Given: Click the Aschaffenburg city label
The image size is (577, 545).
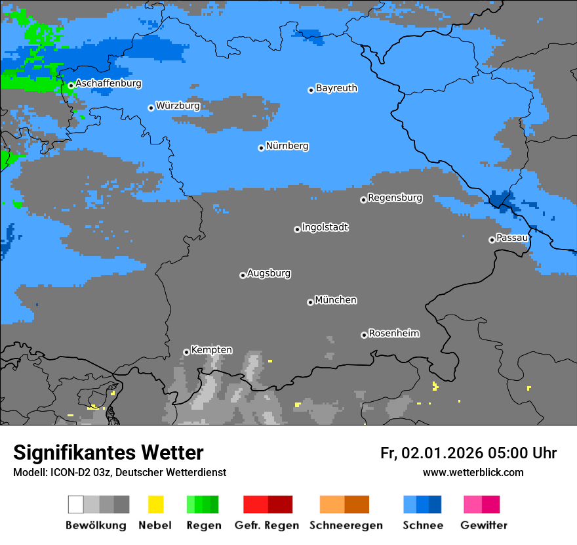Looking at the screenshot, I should [x=108, y=83].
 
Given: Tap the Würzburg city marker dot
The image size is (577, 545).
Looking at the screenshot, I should [x=151, y=108].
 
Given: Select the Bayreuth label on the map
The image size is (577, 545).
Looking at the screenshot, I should [x=336, y=88].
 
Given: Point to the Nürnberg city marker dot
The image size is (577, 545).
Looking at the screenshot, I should [x=261, y=148].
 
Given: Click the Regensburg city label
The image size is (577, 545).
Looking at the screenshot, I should [x=395, y=198].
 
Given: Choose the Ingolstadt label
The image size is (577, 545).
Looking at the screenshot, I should [x=325, y=228].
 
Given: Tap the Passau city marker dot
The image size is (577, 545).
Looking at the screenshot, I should [x=492, y=240].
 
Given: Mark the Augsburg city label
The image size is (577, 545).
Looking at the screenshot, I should [x=269, y=273].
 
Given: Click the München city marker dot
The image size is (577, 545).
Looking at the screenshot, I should [x=310, y=302].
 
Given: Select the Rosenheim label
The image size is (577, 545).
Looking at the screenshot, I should [x=393, y=334].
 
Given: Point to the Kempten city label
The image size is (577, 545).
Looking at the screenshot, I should [x=211, y=350].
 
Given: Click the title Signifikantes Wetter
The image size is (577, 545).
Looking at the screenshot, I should [x=108, y=453].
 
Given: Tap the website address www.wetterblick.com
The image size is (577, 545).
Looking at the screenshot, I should [x=473, y=472].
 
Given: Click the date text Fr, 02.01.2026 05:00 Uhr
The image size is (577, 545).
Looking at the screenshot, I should [x=468, y=453].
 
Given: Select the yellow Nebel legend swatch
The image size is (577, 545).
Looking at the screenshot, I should [x=155, y=504].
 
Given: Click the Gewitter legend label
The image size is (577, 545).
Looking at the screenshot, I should [x=484, y=525].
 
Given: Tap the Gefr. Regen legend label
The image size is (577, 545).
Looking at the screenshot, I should [x=267, y=525].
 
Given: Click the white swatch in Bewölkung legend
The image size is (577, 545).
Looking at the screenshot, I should [x=75, y=504].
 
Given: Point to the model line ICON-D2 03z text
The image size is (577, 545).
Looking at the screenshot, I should [x=119, y=472].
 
